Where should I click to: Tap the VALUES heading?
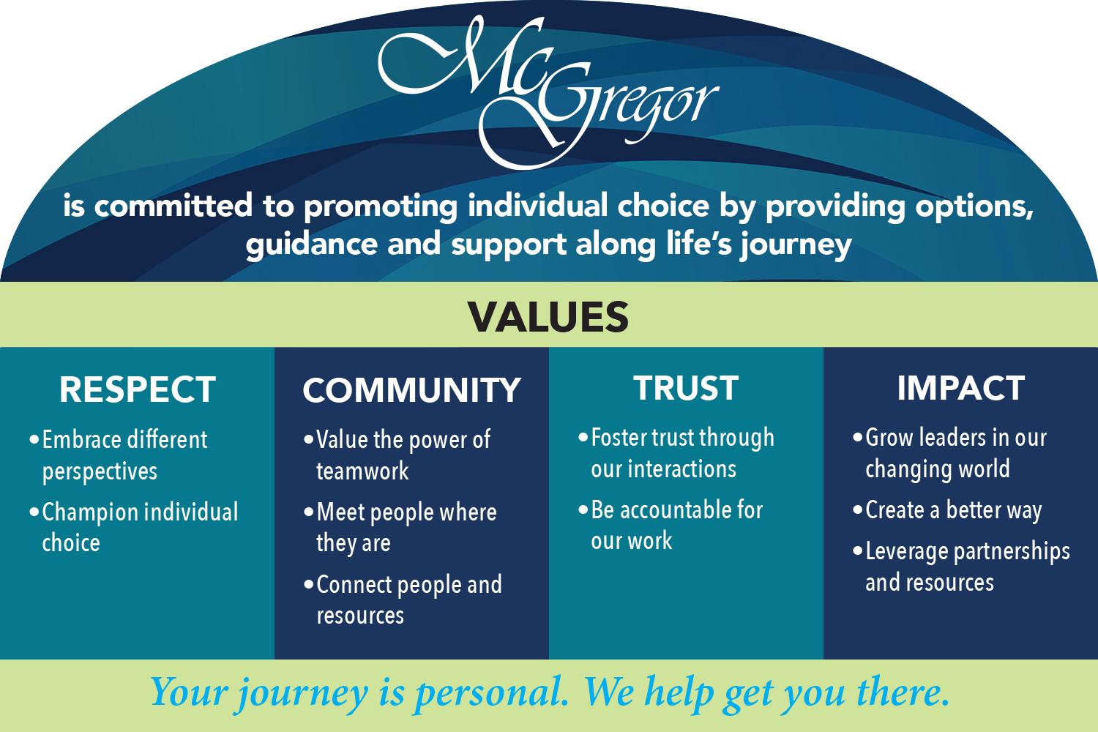pyautogui.click(x=548, y=315)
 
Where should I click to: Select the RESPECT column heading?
pyautogui.click(x=138, y=389)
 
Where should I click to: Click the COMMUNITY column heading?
pyautogui.click(x=411, y=390)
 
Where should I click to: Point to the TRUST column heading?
pyautogui.click(x=686, y=389)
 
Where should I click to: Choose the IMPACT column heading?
pyautogui.click(x=960, y=389)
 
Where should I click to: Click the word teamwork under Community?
pyautogui.click(x=362, y=471)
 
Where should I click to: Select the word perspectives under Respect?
pyautogui.click(x=100, y=471)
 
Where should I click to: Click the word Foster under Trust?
pyautogui.click(x=616, y=438)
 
